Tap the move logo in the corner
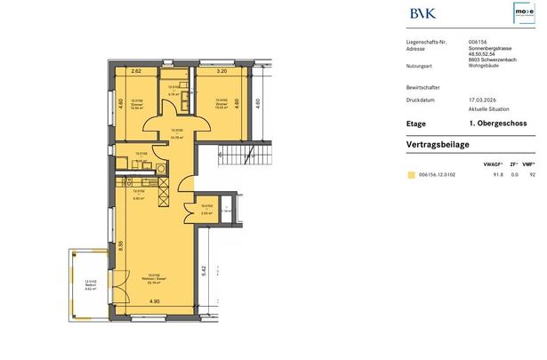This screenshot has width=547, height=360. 525,13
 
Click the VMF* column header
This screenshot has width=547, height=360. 531,164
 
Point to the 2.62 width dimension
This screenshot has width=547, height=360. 136,70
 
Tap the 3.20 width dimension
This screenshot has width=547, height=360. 222,70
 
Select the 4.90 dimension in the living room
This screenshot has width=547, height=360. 155,303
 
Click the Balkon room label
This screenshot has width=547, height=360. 90,286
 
